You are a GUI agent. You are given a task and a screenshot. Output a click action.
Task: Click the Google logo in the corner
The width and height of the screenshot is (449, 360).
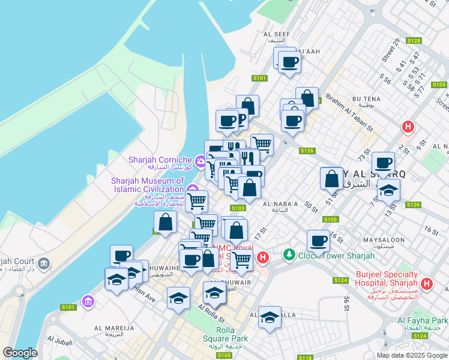[x=20, y=353]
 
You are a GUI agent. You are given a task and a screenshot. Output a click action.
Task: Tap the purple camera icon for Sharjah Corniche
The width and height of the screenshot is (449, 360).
[x=199, y=160]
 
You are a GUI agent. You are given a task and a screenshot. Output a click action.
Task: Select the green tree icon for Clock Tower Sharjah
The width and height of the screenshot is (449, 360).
[x=290, y=256]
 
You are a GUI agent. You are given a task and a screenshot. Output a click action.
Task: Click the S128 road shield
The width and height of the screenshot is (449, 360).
[x=413, y=41]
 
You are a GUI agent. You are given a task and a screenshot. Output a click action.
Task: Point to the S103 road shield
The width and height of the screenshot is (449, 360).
[x=238, y=208]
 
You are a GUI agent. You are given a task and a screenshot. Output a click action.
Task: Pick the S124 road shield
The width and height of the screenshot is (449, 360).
[x=340, y=280]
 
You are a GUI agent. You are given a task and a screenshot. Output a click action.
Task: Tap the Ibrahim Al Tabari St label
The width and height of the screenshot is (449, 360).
[x=349, y=112]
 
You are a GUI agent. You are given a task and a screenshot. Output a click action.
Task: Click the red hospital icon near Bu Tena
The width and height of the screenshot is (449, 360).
[x=408, y=127]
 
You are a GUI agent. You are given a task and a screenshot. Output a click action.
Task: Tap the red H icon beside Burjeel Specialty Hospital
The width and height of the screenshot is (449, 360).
[x=427, y=283]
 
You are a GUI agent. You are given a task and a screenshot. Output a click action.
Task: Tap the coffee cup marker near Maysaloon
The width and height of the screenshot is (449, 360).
[x=318, y=241]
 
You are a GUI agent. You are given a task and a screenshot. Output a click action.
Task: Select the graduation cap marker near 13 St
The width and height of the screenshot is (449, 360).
[x=388, y=191]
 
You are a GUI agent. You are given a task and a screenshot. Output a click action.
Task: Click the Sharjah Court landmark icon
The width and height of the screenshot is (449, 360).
[x=44, y=263]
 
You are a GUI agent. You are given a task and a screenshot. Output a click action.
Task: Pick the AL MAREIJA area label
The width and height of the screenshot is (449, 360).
[x=113, y=328]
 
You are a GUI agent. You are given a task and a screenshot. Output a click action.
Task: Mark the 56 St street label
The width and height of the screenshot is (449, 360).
[x=346, y=304]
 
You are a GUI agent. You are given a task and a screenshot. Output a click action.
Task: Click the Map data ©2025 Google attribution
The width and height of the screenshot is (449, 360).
[x=412, y=355]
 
